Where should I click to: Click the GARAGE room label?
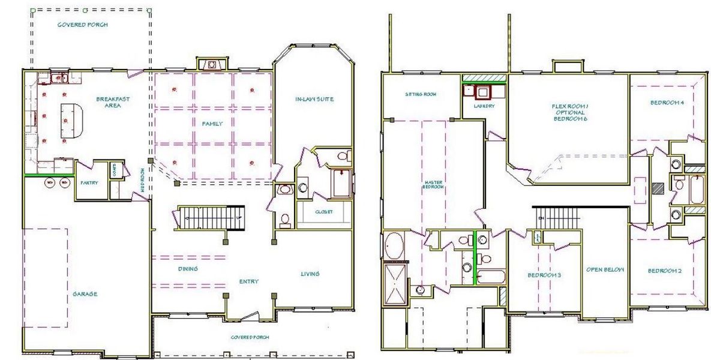coord(85,294)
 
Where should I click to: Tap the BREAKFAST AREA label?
coord(113,102)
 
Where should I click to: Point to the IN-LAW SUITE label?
coord(314,99)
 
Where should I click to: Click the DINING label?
coord(188,269)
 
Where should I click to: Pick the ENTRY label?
coord(248,281)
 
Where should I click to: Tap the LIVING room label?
coord(310,274)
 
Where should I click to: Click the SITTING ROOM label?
coord(420,94)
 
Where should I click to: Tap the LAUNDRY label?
coord(484,106)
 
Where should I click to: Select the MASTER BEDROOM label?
coord(433,184)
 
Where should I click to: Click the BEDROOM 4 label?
coord(667,102)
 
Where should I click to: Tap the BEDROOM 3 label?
coord(544,275)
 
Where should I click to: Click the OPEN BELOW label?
coord(605,269)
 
